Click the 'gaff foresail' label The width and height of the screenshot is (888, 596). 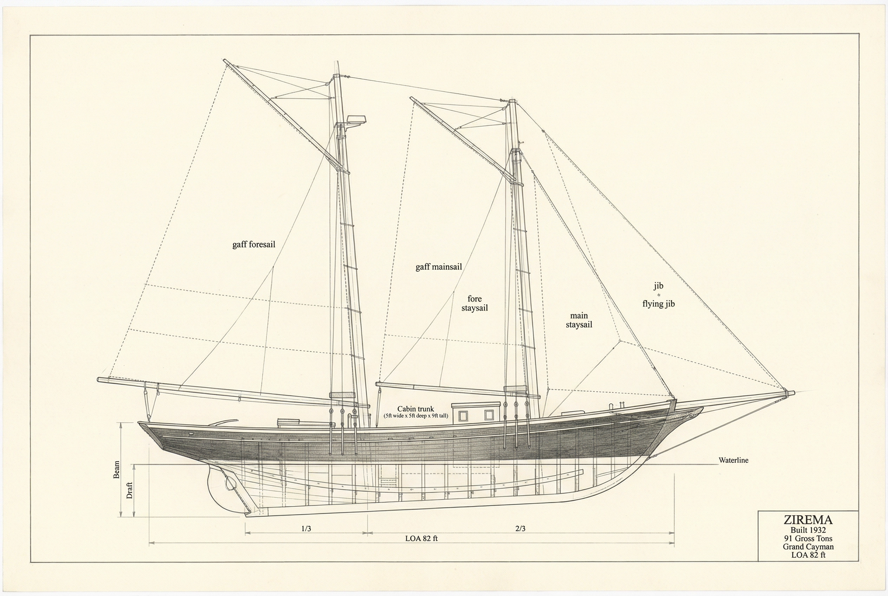(x=254, y=244)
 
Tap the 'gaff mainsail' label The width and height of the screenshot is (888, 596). (x=439, y=267)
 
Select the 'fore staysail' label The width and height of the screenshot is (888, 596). (x=475, y=303)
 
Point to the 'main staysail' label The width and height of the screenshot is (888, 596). (x=579, y=320)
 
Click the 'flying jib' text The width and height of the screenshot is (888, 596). (x=659, y=304)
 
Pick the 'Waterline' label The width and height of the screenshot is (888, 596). (x=733, y=460)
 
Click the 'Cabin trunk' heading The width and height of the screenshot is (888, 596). (x=416, y=409)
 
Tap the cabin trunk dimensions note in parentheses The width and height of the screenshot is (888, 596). (x=416, y=416)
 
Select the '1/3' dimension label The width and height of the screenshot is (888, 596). (x=306, y=529)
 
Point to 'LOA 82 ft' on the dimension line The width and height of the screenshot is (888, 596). (x=422, y=539)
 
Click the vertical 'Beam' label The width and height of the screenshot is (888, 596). (x=117, y=470)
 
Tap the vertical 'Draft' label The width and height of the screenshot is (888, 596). (x=130, y=491)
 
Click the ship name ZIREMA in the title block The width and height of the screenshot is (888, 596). (x=808, y=520)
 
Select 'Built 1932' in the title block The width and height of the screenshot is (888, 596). (x=808, y=530)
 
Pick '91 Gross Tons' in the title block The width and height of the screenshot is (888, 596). (x=808, y=539)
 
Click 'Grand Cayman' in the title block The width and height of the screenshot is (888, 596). (x=808, y=547)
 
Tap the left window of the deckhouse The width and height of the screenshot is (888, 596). (x=463, y=416)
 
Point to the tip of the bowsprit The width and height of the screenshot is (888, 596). (x=794, y=393)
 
